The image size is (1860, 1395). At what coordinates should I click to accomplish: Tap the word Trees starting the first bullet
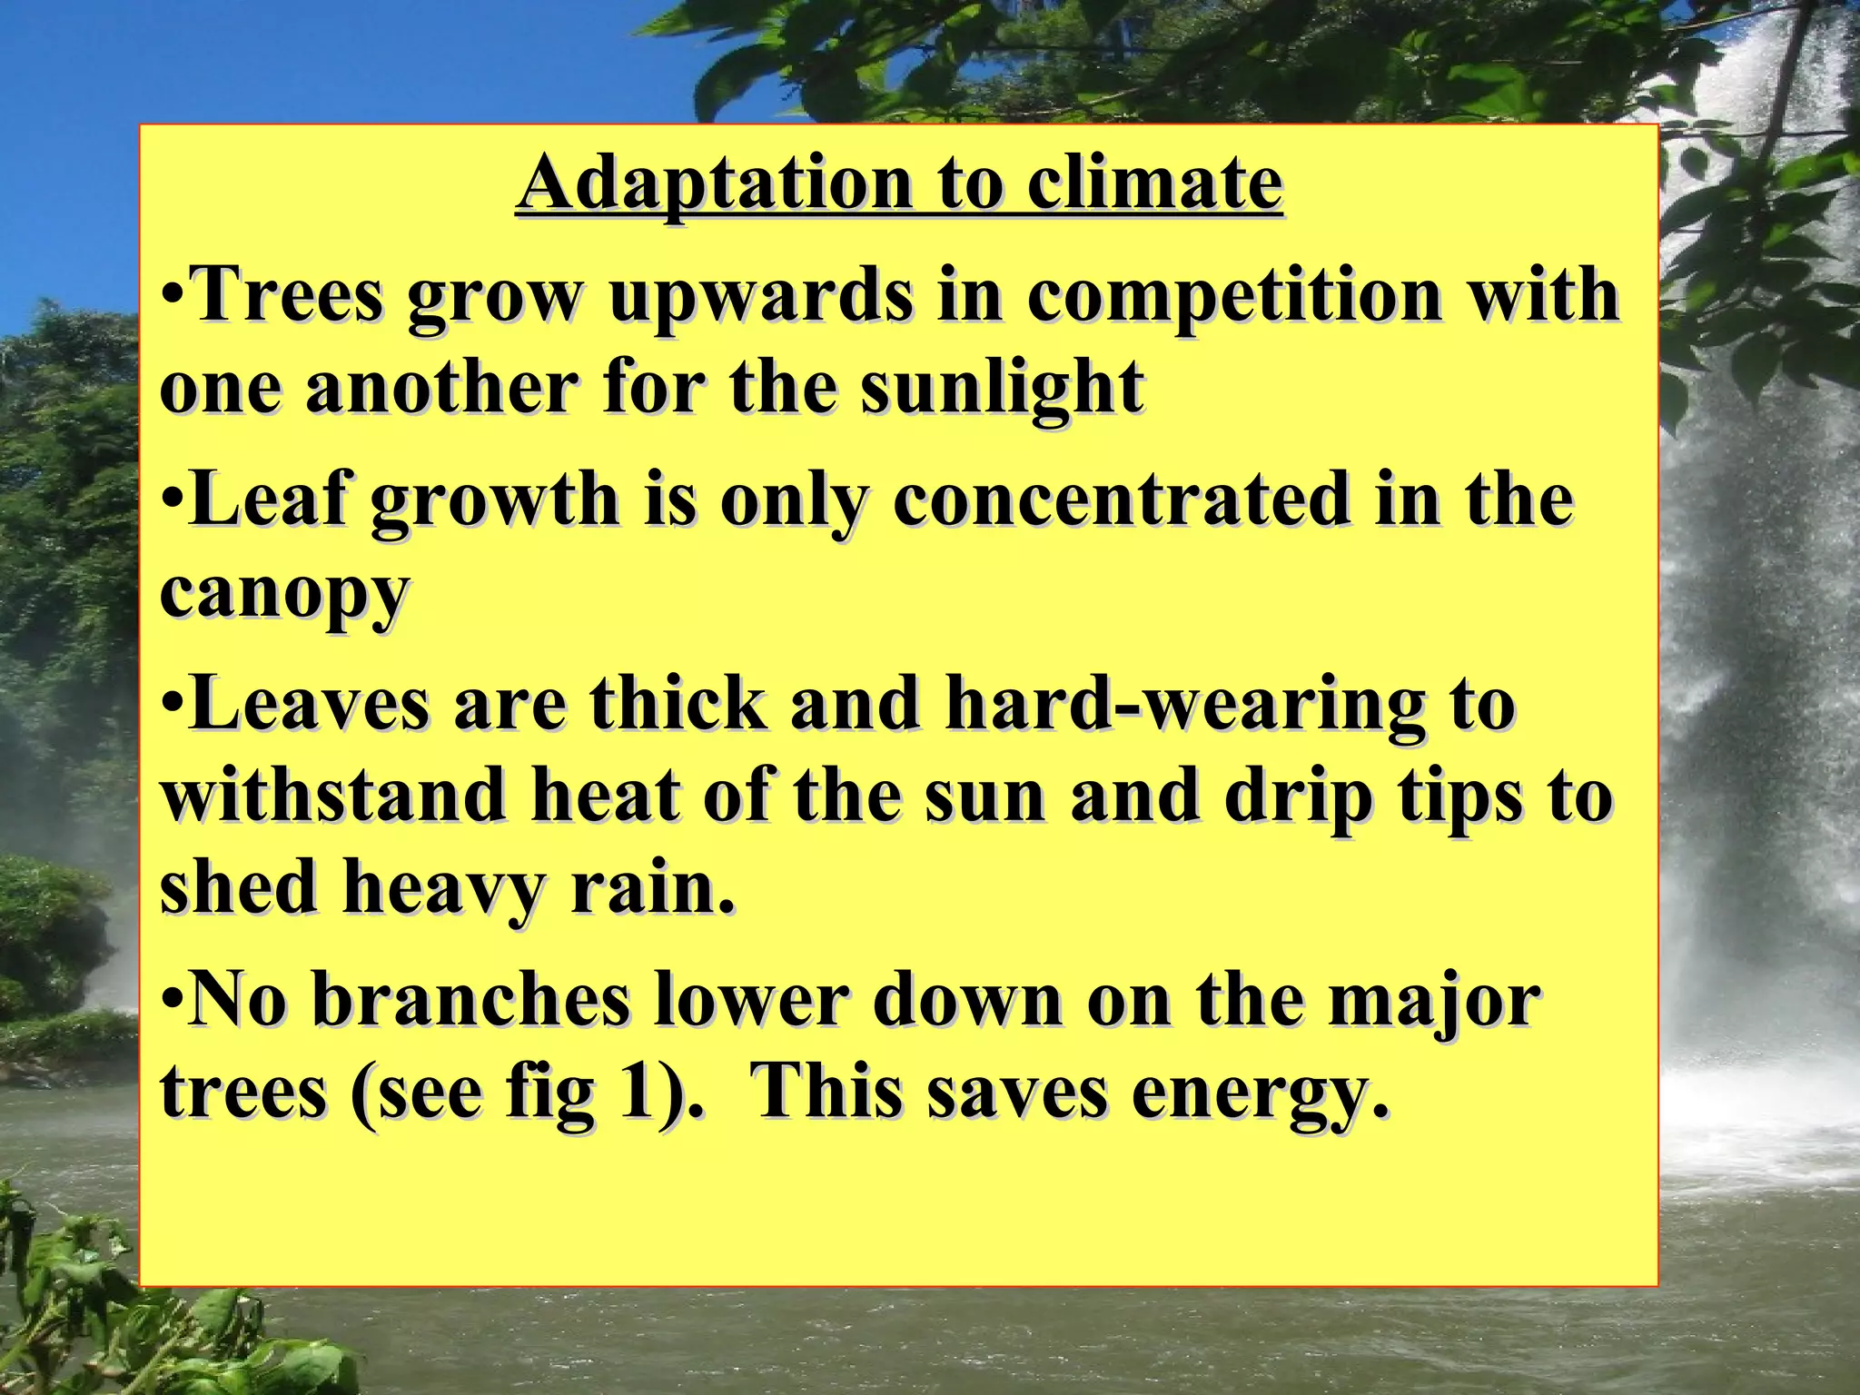(x=289, y=294)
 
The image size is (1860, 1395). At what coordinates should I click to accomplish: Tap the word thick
(x=679, y=704)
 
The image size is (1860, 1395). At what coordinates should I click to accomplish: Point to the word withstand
(x=332, y=796)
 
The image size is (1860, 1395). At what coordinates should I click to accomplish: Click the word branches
(x=471, y=1000)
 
